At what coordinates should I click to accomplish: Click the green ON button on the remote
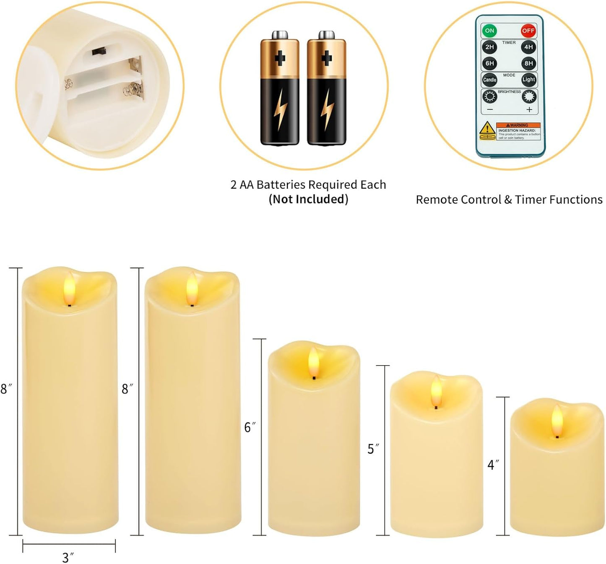coord(489,31)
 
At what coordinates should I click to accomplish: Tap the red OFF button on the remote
coord(528,31)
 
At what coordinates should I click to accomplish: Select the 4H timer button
coord(528,47)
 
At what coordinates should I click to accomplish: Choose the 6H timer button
coord(489,63)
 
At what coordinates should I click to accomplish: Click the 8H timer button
coord(528,63)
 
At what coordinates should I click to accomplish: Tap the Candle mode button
coord(489,80)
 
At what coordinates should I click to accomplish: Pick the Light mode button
coord(528,80)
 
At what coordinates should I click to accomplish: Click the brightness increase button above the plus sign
coord(529,97)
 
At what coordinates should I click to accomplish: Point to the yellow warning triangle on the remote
coord(487,128)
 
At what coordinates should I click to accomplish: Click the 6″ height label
coord(250,427)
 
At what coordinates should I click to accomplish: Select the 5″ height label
coord(373,449)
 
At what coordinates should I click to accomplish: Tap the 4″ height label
coord(493,465)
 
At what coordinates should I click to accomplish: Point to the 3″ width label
coord(68,558)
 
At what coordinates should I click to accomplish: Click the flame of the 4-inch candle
coord(557,421)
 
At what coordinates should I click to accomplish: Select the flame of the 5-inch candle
coord(436,391)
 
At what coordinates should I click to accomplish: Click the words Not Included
coord(308,199)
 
